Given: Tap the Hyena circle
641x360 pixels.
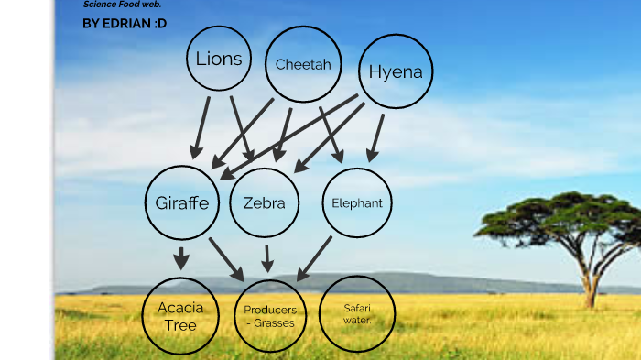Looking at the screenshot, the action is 395,71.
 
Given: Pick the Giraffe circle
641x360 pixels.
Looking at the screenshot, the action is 182,203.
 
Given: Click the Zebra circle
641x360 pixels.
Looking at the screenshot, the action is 264,203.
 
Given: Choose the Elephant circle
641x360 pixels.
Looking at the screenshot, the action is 356,202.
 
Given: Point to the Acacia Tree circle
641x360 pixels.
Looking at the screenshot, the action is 180,316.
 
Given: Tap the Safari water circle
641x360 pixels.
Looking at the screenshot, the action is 356,313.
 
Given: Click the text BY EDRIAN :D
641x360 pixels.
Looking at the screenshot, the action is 125,23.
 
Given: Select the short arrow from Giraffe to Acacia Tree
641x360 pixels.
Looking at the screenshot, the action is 181,257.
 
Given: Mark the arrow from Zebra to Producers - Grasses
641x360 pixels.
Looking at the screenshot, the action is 266,257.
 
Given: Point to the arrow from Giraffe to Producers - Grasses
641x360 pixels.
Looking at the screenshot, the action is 225,258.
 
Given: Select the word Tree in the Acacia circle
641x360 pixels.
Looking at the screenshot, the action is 180,324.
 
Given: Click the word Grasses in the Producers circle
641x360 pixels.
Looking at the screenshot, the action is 273,323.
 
